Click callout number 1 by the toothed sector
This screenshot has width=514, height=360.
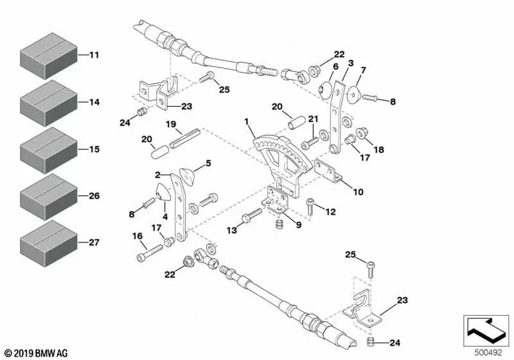click(246, 121)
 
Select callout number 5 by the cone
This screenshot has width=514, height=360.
click(208, 163)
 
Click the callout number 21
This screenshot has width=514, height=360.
click(314, 118)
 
